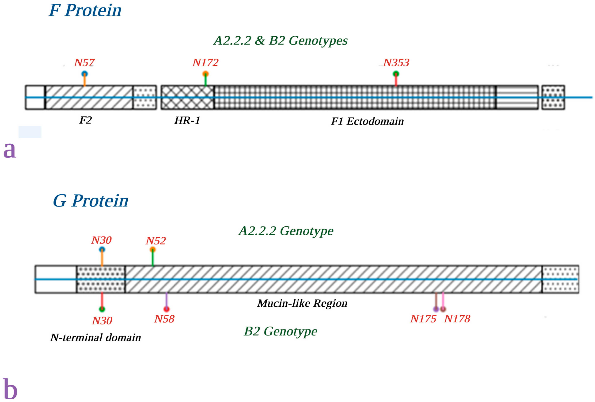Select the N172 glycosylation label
(205, 63)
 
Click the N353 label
(396, 63)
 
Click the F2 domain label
(85, 120)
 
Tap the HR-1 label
(187, 120)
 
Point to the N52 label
(156, 241)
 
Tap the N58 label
(164, 319)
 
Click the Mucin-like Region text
(302, 303)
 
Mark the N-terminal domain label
(96, 338)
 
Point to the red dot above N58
(166, 309)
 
